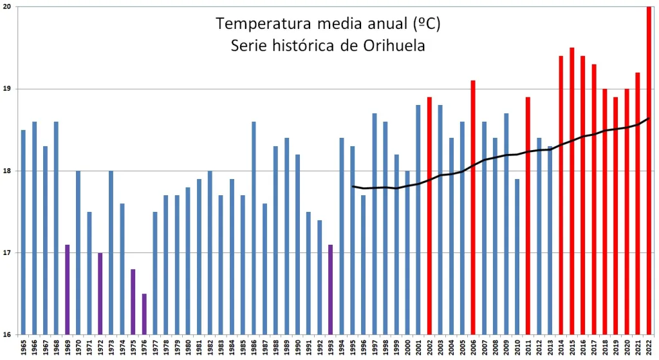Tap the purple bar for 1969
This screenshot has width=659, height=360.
click(x=67, y=290)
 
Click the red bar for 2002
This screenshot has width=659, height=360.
click(x=429, y=216)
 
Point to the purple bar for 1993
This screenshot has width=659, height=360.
click(x=331, y=290)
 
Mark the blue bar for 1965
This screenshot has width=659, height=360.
click(x=23, y=232)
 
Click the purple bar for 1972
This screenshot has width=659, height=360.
click(x=100, y=294)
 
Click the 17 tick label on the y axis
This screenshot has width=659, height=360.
click(x=7, y=253)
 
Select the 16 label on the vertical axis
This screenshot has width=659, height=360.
click(x=7, y=335)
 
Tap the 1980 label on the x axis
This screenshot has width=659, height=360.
click(x=188, y=348)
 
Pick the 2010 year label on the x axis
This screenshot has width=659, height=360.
click(x=517, y=348)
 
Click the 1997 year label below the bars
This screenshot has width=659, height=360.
click(x=375, y=348)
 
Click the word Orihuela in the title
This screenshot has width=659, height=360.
click(x=393, y=46)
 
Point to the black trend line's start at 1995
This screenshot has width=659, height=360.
click(x=353, y=187)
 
